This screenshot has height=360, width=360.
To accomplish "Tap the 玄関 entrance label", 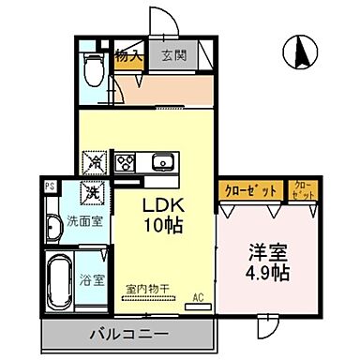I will pyautogui.click(x=172, y=55).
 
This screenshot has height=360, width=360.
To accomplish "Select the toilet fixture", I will pyautogui.click(x=94, y=67).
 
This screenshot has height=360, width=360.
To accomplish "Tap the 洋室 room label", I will pyautogui.click(x=265, y=253).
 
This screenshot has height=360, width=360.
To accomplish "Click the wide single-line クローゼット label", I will pyautogui.click(x=250, y=190).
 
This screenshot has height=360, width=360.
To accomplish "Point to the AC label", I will pyautogui.click(x=198, y=299).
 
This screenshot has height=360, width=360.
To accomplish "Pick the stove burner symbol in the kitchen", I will pyautogui.click(x=125, y=162).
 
